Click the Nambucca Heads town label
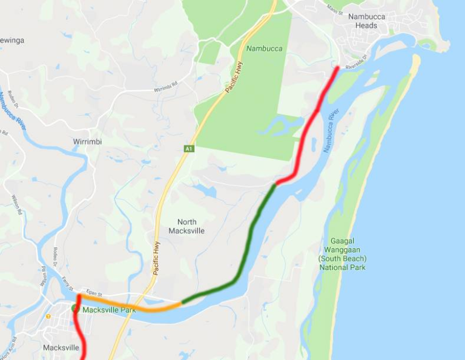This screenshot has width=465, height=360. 367,21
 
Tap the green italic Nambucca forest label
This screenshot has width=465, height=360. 264,48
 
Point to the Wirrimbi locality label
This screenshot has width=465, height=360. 87,142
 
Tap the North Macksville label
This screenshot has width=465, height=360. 186,226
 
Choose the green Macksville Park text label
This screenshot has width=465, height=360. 108,310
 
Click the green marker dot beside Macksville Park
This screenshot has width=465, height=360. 75,308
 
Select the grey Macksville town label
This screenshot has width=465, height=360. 61,348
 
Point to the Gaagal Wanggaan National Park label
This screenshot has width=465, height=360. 343,254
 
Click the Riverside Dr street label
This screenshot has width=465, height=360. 357,62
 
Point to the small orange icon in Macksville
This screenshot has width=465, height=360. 48,316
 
